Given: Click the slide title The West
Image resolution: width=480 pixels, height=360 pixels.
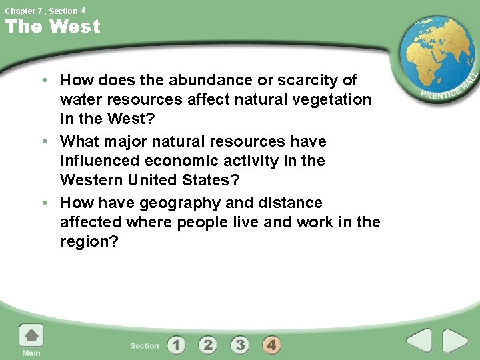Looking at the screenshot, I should [x=53, y=27].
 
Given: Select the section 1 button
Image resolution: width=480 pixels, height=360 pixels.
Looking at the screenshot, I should [x=176, y=345].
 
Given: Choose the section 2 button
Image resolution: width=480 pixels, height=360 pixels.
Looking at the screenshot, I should [x=208, y=345].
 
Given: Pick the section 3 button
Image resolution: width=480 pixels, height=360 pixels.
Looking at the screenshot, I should [x=240, y=345].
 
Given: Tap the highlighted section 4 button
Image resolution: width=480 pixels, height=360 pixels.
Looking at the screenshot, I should [x=271, y=345].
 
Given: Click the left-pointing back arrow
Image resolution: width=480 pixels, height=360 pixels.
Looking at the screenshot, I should [x=419, y=341].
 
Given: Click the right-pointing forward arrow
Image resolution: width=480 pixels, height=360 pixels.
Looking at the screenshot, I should [x=456, y=341].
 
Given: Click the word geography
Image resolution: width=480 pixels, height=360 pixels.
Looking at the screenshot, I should [x=211, y=203].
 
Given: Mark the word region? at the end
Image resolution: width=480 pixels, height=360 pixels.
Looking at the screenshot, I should [x=89, y=242].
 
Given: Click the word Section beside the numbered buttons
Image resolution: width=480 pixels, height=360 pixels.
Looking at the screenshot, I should [x=145, y=345].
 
